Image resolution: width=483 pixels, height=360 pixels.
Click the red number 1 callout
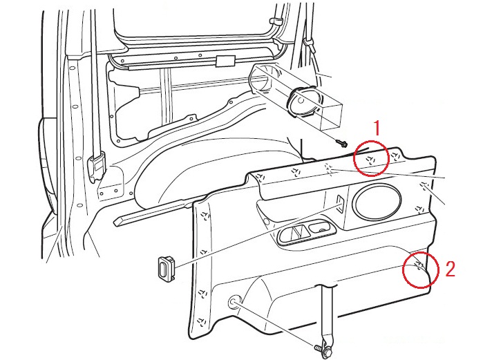[377, 127]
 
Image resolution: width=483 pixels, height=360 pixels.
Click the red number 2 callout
[451, 268]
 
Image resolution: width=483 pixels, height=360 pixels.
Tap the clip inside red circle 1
[370, 160]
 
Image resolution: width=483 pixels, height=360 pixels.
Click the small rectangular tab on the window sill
[223, 61]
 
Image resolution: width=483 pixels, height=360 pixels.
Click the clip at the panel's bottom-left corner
[200, 323]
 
